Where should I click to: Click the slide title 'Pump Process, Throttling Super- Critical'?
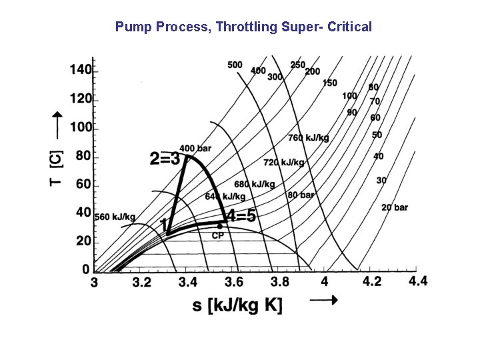click(x=243, y=27)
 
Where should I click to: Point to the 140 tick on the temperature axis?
click(x=81, y=70)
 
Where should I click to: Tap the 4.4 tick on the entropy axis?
click(x=418, y=281)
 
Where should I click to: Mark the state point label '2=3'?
click(x=165, y=159)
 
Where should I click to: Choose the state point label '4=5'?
click(x=241, y=217)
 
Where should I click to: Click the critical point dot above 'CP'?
click(x=219, y=226)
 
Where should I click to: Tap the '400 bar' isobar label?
click(x=195, y=148)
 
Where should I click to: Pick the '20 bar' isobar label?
click(x=394, y=207)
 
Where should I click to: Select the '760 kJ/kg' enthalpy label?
click(x=308, y=138)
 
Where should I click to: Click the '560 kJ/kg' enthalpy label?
click(x=114, y=217)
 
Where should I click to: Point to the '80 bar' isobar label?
click(x=301, y=195)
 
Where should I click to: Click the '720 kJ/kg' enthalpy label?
click(x=284, y=162)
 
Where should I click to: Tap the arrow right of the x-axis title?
click(x=324, y=301)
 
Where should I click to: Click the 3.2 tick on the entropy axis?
click(x=141, y=282)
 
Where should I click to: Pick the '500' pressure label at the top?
click(x=235, y=65)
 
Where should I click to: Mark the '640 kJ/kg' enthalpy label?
click(x=225, y=197)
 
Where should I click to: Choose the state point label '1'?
click(x=164, y=225)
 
